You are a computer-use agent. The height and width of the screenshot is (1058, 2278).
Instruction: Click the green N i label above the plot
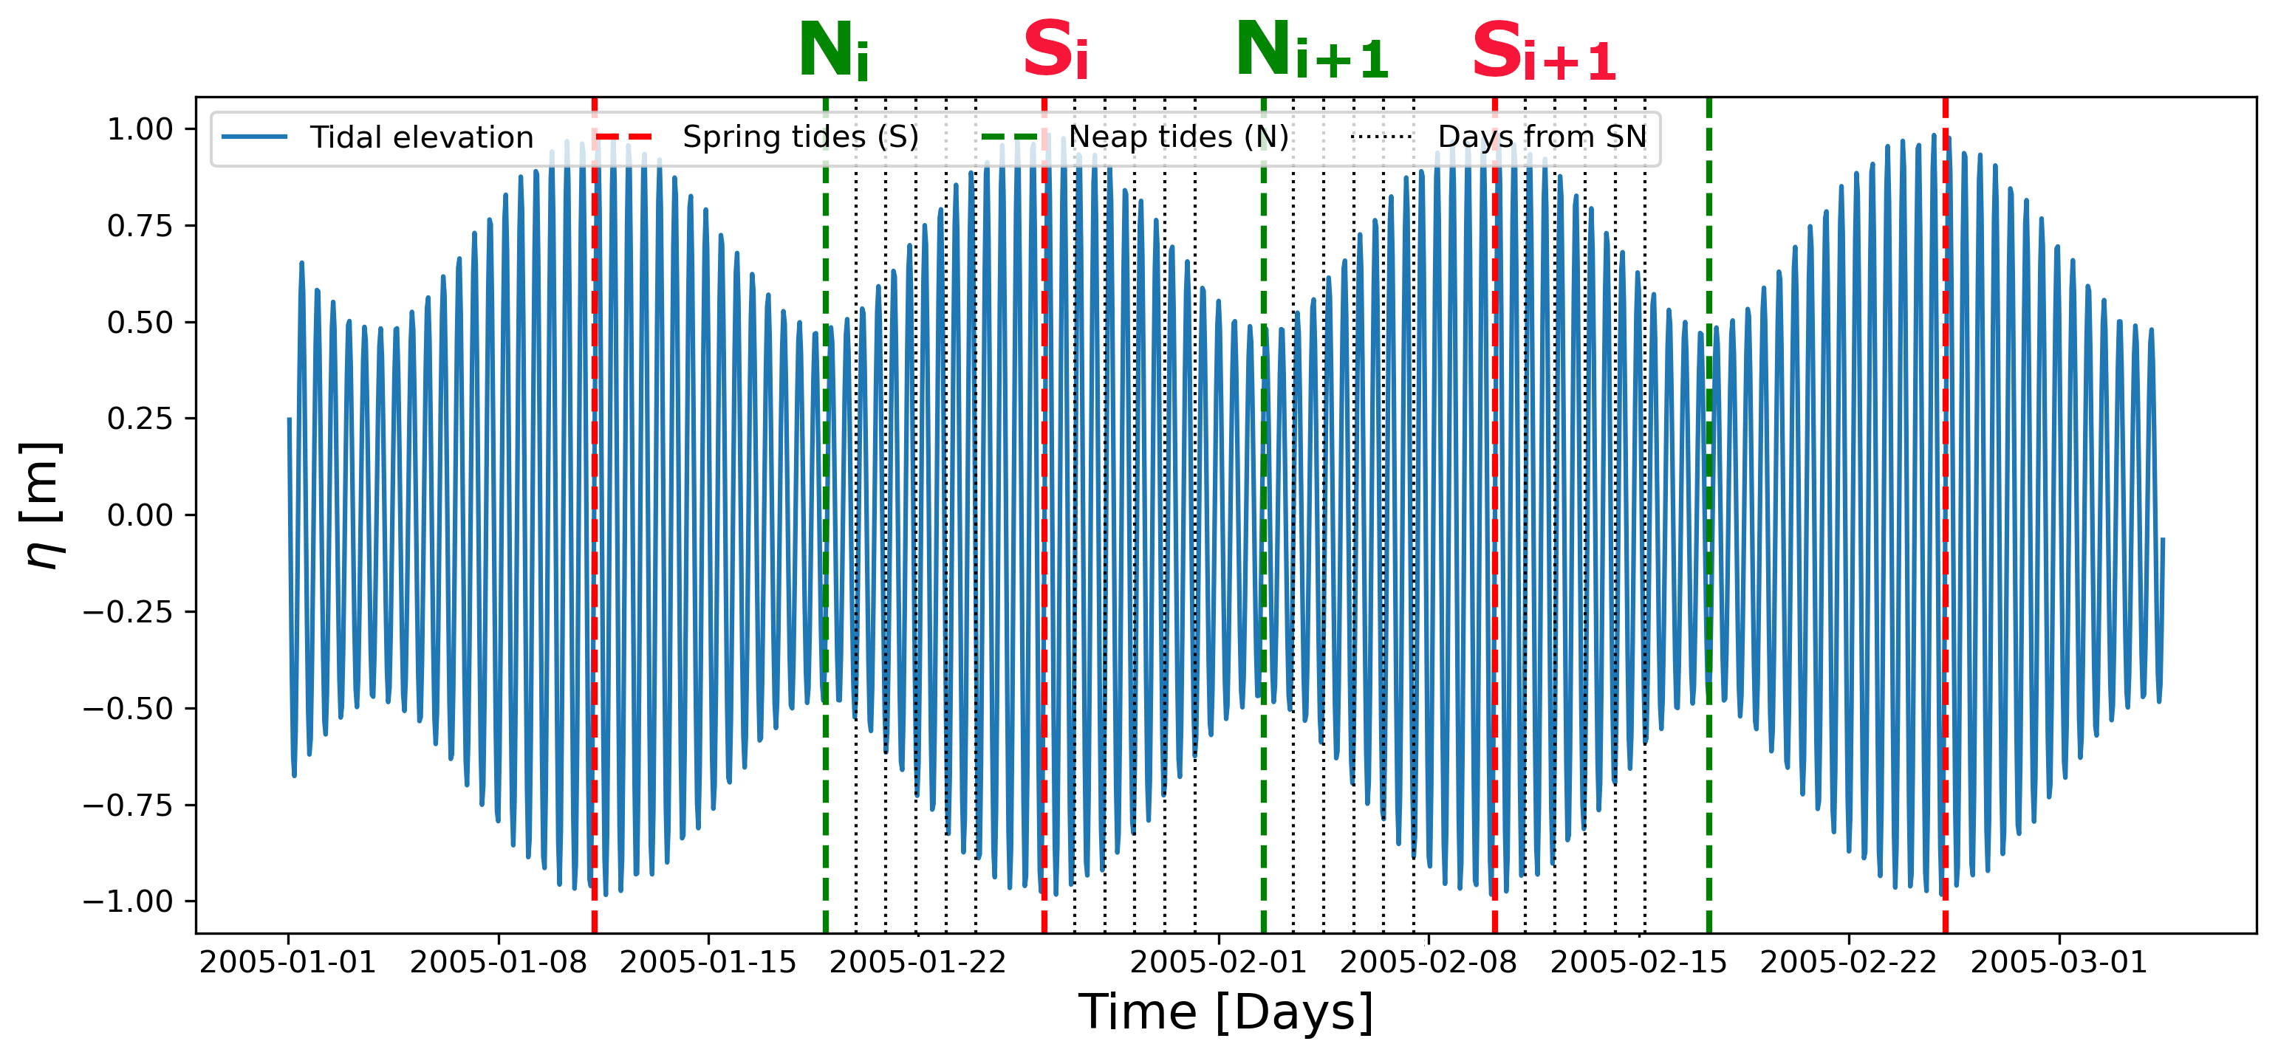(x=832, y=50)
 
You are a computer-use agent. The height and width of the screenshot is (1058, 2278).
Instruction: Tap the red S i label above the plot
(x=1054, y=50)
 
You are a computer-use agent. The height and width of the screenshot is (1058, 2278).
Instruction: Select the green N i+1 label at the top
(x=1311, y=50)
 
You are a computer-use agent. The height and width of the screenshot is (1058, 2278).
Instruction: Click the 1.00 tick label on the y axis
(x=140, y=130)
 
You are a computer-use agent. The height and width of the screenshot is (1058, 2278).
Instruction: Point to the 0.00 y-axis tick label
(x=140, y=515)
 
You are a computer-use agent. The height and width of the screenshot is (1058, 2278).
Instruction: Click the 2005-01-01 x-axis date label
(x=287, y=962)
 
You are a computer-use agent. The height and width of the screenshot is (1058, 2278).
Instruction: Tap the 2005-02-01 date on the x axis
(x=1219, y=962)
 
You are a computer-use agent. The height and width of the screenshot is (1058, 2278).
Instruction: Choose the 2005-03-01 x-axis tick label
(x=2059, y=962)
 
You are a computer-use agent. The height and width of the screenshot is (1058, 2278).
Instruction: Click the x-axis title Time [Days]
(x=1225, y=1012)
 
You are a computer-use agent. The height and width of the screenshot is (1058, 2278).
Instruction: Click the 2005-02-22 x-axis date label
(x=1848, y=962)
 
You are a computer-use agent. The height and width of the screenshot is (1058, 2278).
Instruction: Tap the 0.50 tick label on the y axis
(x=140, y=323)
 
